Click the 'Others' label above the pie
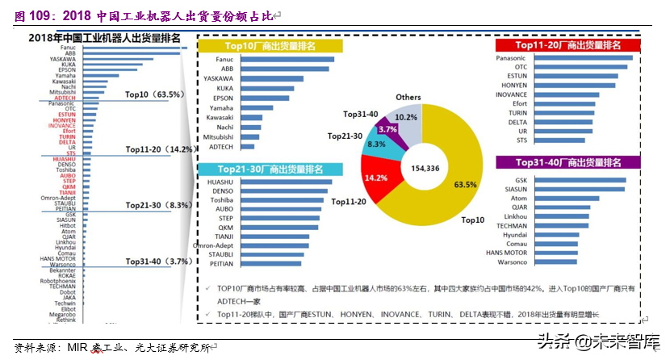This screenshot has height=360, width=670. [x=408, y=98]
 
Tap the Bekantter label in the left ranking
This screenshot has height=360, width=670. [x=61, y=270]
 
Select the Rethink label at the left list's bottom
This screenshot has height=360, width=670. [x=66, y=320]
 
